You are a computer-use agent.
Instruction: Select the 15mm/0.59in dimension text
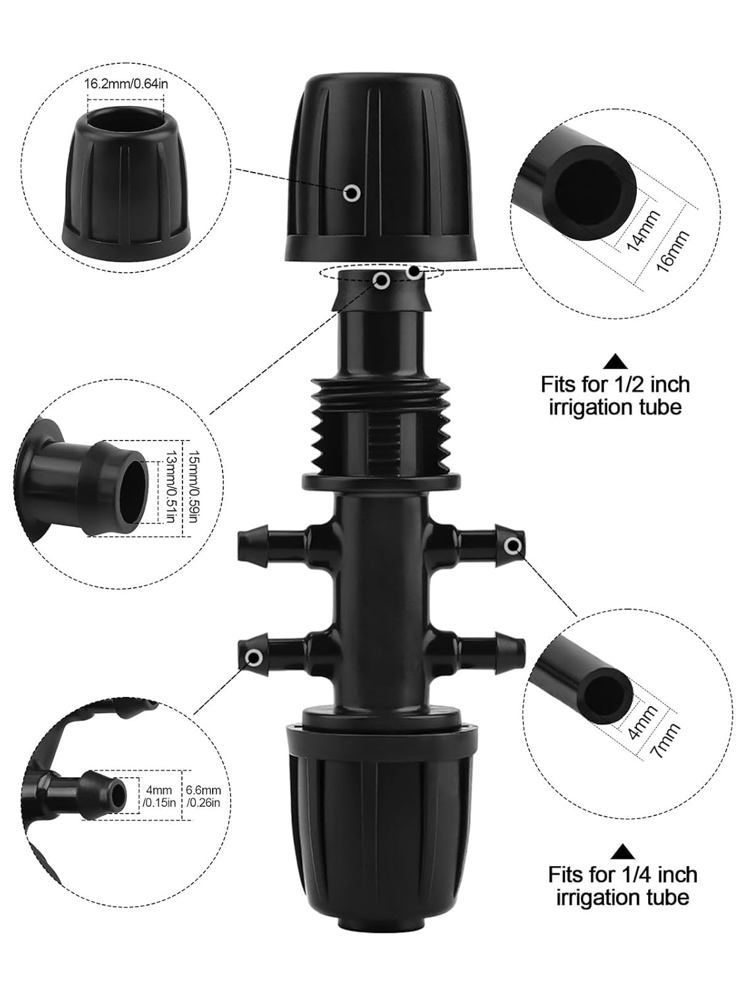[192, 481]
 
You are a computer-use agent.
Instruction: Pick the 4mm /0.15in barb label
[159, 796]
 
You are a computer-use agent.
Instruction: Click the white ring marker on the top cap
[352, 192]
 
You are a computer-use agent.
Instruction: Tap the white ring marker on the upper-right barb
[513, 545]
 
